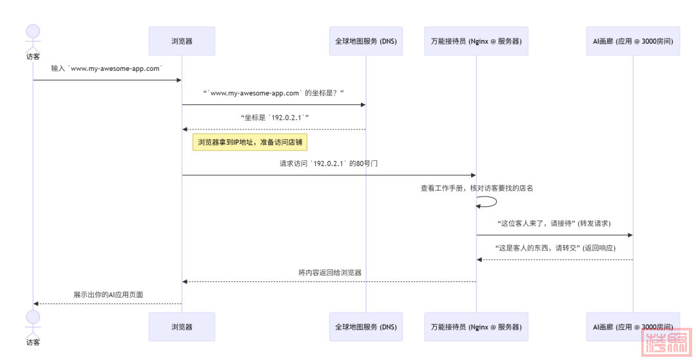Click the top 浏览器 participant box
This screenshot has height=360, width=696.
pyautogui.click(x=182, y=41)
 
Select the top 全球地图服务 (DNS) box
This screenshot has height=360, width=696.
pyautogui.click(x=366, y=41)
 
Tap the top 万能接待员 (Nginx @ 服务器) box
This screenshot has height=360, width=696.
pyautogui.click(x=476, y=41)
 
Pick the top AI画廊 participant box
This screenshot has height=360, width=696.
pyautogui.click(x=633, y=41)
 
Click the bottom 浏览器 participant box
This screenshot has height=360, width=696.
pyautogui.click(x=182, y=327)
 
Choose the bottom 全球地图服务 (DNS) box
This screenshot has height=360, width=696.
pyautogui.click(x=366, y=327)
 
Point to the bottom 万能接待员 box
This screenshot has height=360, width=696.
pyautogui.click(x=476, y=327)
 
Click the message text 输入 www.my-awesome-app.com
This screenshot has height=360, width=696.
pyautogui.click(x=107, y=68)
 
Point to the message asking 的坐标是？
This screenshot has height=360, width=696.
pyautogui.click(x=274, y=93)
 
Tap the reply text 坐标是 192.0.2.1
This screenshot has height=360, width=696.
pyautogui.click(x=274, y=118)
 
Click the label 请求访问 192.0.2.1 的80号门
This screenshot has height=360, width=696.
pyautogui.click(x=329, y=164)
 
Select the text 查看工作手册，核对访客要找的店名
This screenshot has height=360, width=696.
pyautogui.click(x=477, y=188)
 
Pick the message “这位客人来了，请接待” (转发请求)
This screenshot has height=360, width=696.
pyautogui.click(x=554, y=223)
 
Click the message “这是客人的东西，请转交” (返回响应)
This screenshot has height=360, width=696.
pyautogui.click(x=554, y=248)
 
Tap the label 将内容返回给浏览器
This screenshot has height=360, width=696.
pyautogui.click(x=329, y=272)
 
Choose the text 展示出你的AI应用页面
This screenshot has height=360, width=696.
pyautogui.click(x=108, y=294)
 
